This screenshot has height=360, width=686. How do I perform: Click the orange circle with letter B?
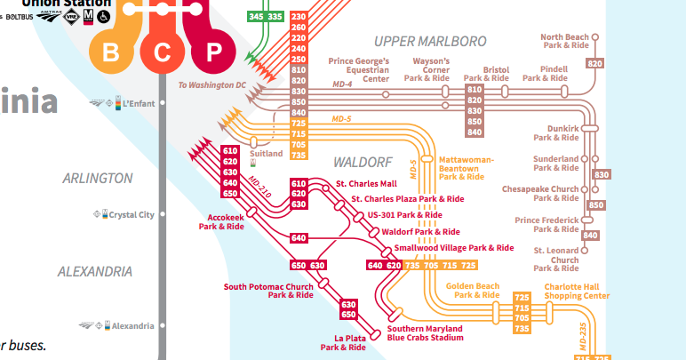click(111, 52)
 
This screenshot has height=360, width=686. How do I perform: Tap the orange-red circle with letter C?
click(162, 52)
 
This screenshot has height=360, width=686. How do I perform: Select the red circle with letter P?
click(212, 52)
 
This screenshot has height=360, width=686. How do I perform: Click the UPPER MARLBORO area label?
click(430, 41)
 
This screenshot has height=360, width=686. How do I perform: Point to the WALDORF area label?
click(363, 163)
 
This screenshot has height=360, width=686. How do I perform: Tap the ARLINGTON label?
click(98, 178)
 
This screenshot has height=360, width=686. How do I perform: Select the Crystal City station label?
click(132, 214)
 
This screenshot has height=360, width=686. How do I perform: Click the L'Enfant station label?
click(138, 103)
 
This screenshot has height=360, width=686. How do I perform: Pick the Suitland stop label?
click(266, 154)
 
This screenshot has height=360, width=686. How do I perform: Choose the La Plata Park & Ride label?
click(343, 343)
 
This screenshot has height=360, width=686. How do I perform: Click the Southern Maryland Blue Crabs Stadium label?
click(426, 333)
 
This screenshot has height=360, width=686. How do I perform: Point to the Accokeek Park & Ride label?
click(220, 222)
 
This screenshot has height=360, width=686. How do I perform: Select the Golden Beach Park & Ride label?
click(476, 291)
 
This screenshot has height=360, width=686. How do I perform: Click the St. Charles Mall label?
click(365, 184)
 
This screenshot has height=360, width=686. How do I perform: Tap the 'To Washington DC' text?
click(211, 85)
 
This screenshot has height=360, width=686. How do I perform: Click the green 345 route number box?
click(257, 17)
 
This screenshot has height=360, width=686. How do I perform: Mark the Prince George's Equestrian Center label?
click(359, 69)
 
